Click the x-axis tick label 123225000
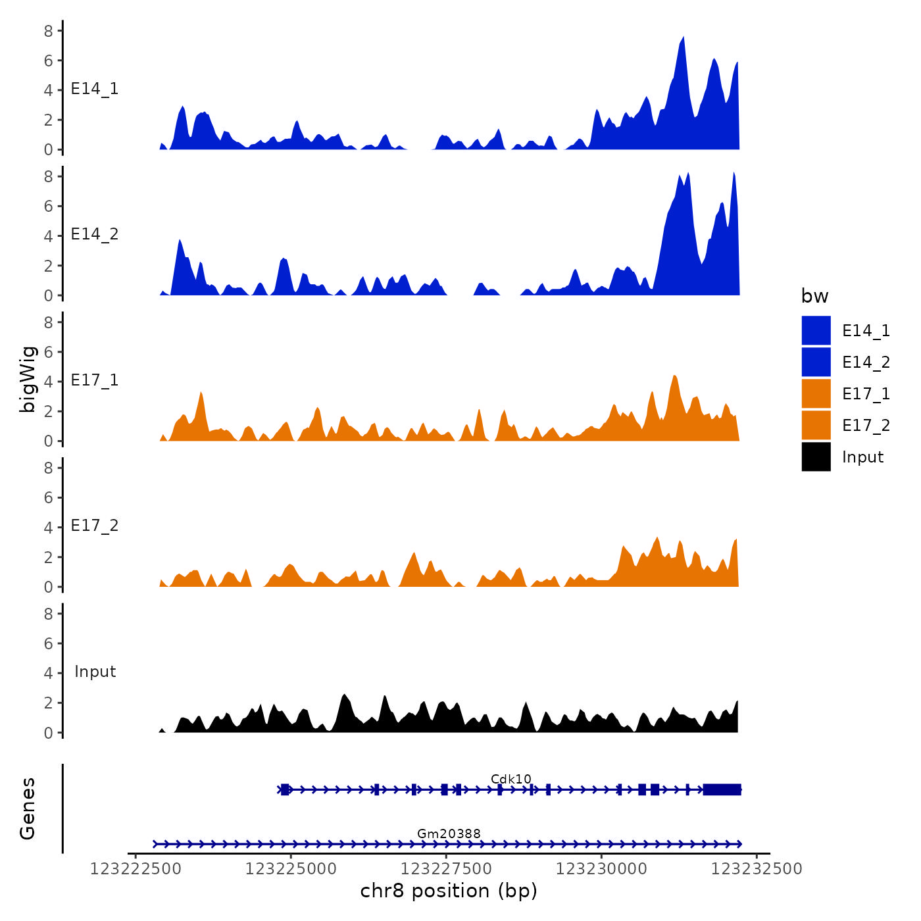(291, 869)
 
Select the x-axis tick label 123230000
(601, 869)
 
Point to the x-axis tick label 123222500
(136, 869)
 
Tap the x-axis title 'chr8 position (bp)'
(449, 891)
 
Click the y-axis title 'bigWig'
(28, 379)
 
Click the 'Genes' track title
(28, 809)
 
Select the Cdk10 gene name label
(510, 779)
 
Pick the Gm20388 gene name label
(449, 834)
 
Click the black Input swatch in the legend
(816, 457)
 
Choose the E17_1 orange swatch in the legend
(816, 393)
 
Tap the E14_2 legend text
(866, 362)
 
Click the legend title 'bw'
(814, 297)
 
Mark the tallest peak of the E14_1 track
(683, 38)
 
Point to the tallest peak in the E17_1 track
(674, 376)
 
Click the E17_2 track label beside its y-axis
(95, 526)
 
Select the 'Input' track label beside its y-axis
(95, 672)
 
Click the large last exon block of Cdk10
(722, 789)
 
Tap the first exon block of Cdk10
(285, 789)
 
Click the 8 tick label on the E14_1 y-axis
(49, 30)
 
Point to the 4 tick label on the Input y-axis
(49, 673)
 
